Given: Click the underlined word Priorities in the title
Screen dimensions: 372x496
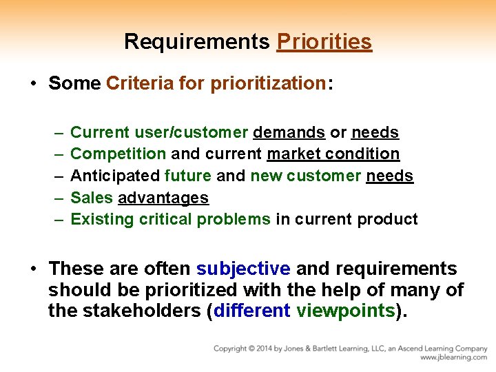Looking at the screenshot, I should point(324,42).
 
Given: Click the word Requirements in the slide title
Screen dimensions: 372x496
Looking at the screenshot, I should point(197,42).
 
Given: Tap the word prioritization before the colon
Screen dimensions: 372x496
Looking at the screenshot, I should point(268,84).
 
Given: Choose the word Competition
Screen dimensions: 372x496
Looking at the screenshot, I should point(118,154).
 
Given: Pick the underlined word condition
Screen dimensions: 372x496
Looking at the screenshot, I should point(365,154).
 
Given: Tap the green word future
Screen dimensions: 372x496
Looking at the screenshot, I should point(189,176).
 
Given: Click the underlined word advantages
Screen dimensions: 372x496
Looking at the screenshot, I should point(163,198).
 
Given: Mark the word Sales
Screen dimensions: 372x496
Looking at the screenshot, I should point(92,198).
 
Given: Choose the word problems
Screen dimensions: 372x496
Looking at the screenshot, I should point(234,220).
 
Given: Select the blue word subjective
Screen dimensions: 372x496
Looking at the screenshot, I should point(243,269).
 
